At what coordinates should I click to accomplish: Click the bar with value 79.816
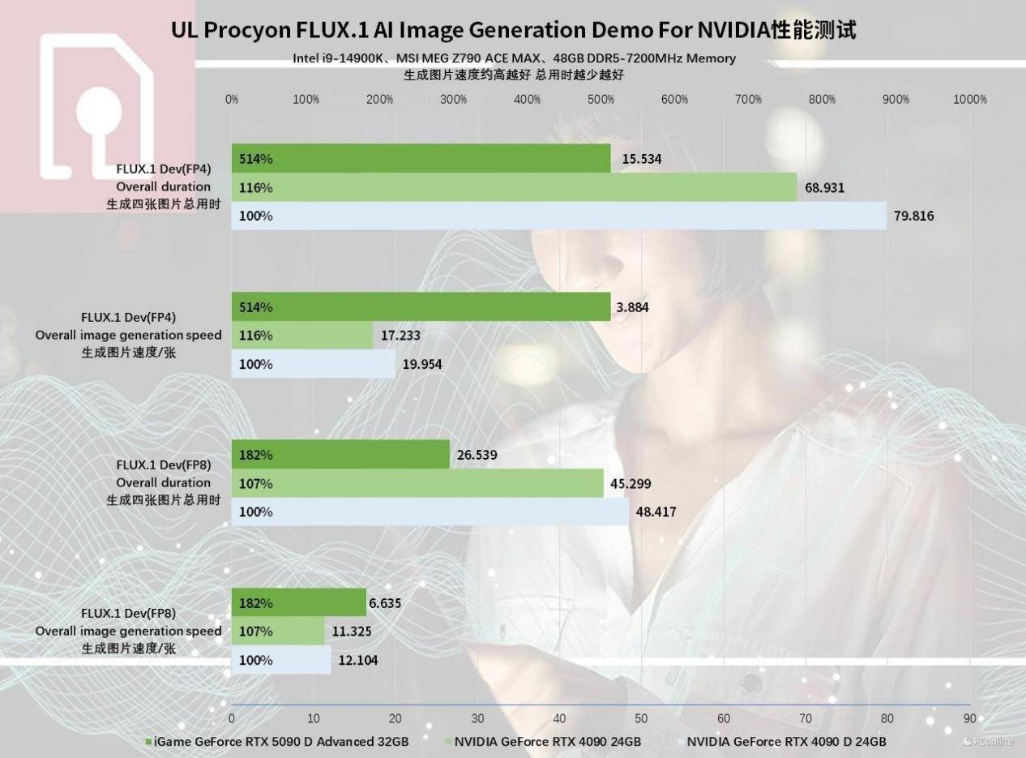click(x=558, y=216)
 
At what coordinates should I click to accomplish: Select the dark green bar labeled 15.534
click(x=421, y=159)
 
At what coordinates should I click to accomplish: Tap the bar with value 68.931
click(x=514, y=187)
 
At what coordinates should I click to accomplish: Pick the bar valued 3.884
click(x=421, y=307)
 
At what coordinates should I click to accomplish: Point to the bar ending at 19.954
click(x=313, y=364)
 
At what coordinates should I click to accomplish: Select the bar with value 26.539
click(x=340, y=455)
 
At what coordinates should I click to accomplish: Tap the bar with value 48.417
click(x=430, y=512)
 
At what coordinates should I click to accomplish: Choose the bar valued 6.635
click(x=298, y=603)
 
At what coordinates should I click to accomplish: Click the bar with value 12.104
click(x=280, y=660)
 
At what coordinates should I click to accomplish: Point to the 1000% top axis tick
click(x=970, y=100)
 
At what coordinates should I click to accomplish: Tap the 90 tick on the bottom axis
click(x=969, y=717)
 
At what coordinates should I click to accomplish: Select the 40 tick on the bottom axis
click(x=559, y=717)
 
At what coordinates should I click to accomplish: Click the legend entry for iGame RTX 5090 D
click(x=276, y=741)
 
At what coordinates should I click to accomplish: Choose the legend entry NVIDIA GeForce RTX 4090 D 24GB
click(x=785, y=741)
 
